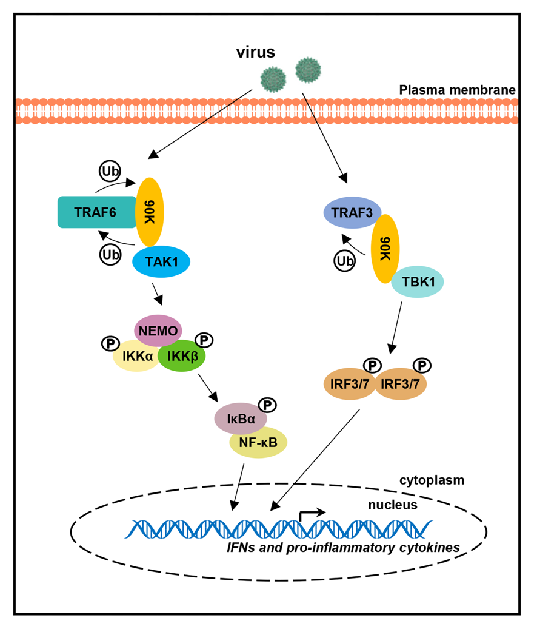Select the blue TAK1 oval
[161, 261]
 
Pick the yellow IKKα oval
[135, 356]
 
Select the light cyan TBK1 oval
[417, 282]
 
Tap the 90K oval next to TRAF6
[148, 211]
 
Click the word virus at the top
[255, 53]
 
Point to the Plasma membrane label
[457, 90]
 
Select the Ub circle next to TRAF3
[344, 261]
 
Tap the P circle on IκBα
[267, 403]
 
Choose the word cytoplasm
[432, 480]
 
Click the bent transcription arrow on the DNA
[312, 514]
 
